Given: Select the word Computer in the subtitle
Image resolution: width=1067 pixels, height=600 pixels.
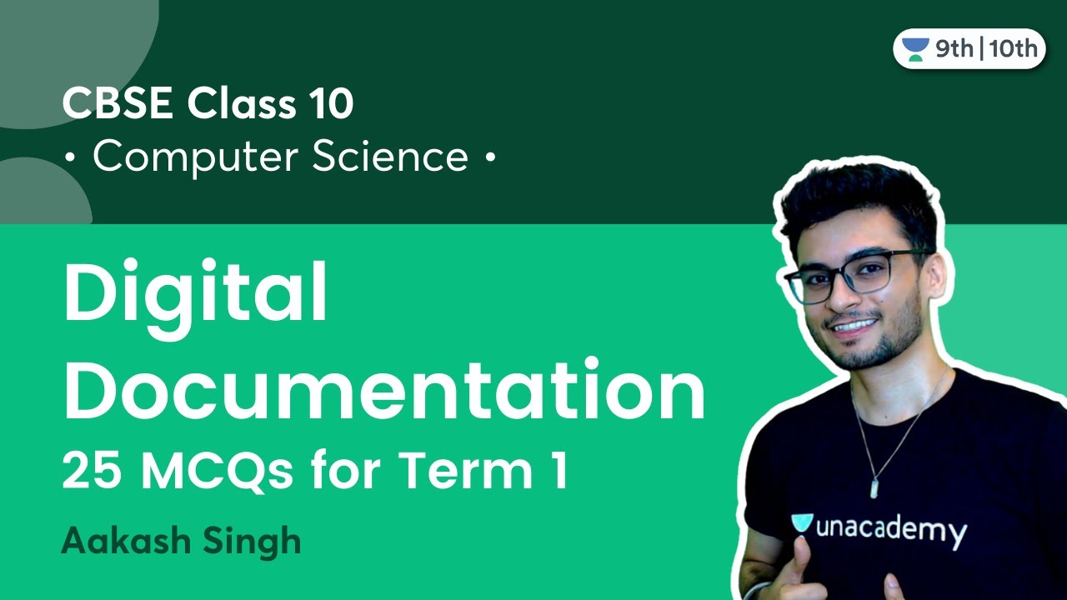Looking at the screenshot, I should click(196, 157).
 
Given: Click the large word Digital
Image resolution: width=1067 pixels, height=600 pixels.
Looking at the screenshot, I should click(196, 296).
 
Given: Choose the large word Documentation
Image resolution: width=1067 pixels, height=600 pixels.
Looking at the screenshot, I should click(384, 391).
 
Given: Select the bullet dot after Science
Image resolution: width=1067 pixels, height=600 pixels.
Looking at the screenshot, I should click(489, 157).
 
